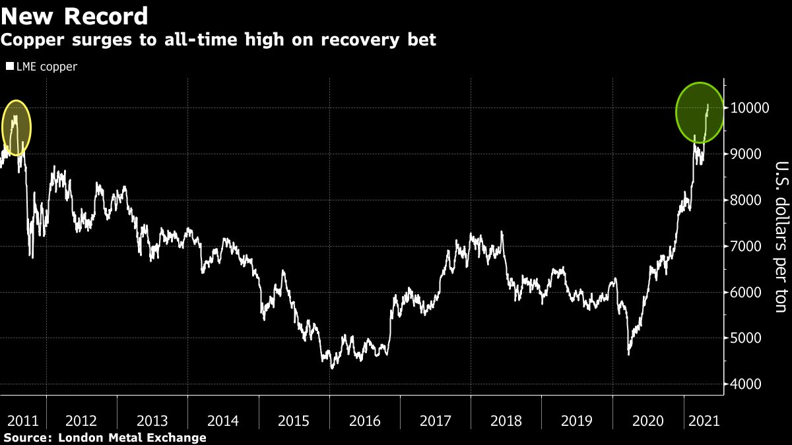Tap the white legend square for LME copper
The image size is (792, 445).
pos(9,67)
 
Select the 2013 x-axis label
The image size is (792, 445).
pos(152,420)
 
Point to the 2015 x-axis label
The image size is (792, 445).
pos(294,420)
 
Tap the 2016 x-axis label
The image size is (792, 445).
pos(364,420)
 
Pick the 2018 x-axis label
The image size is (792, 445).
pos(506,420)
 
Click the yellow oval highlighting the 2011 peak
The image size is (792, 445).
pos(16,127)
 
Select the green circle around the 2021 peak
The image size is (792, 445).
pos(701,113)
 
